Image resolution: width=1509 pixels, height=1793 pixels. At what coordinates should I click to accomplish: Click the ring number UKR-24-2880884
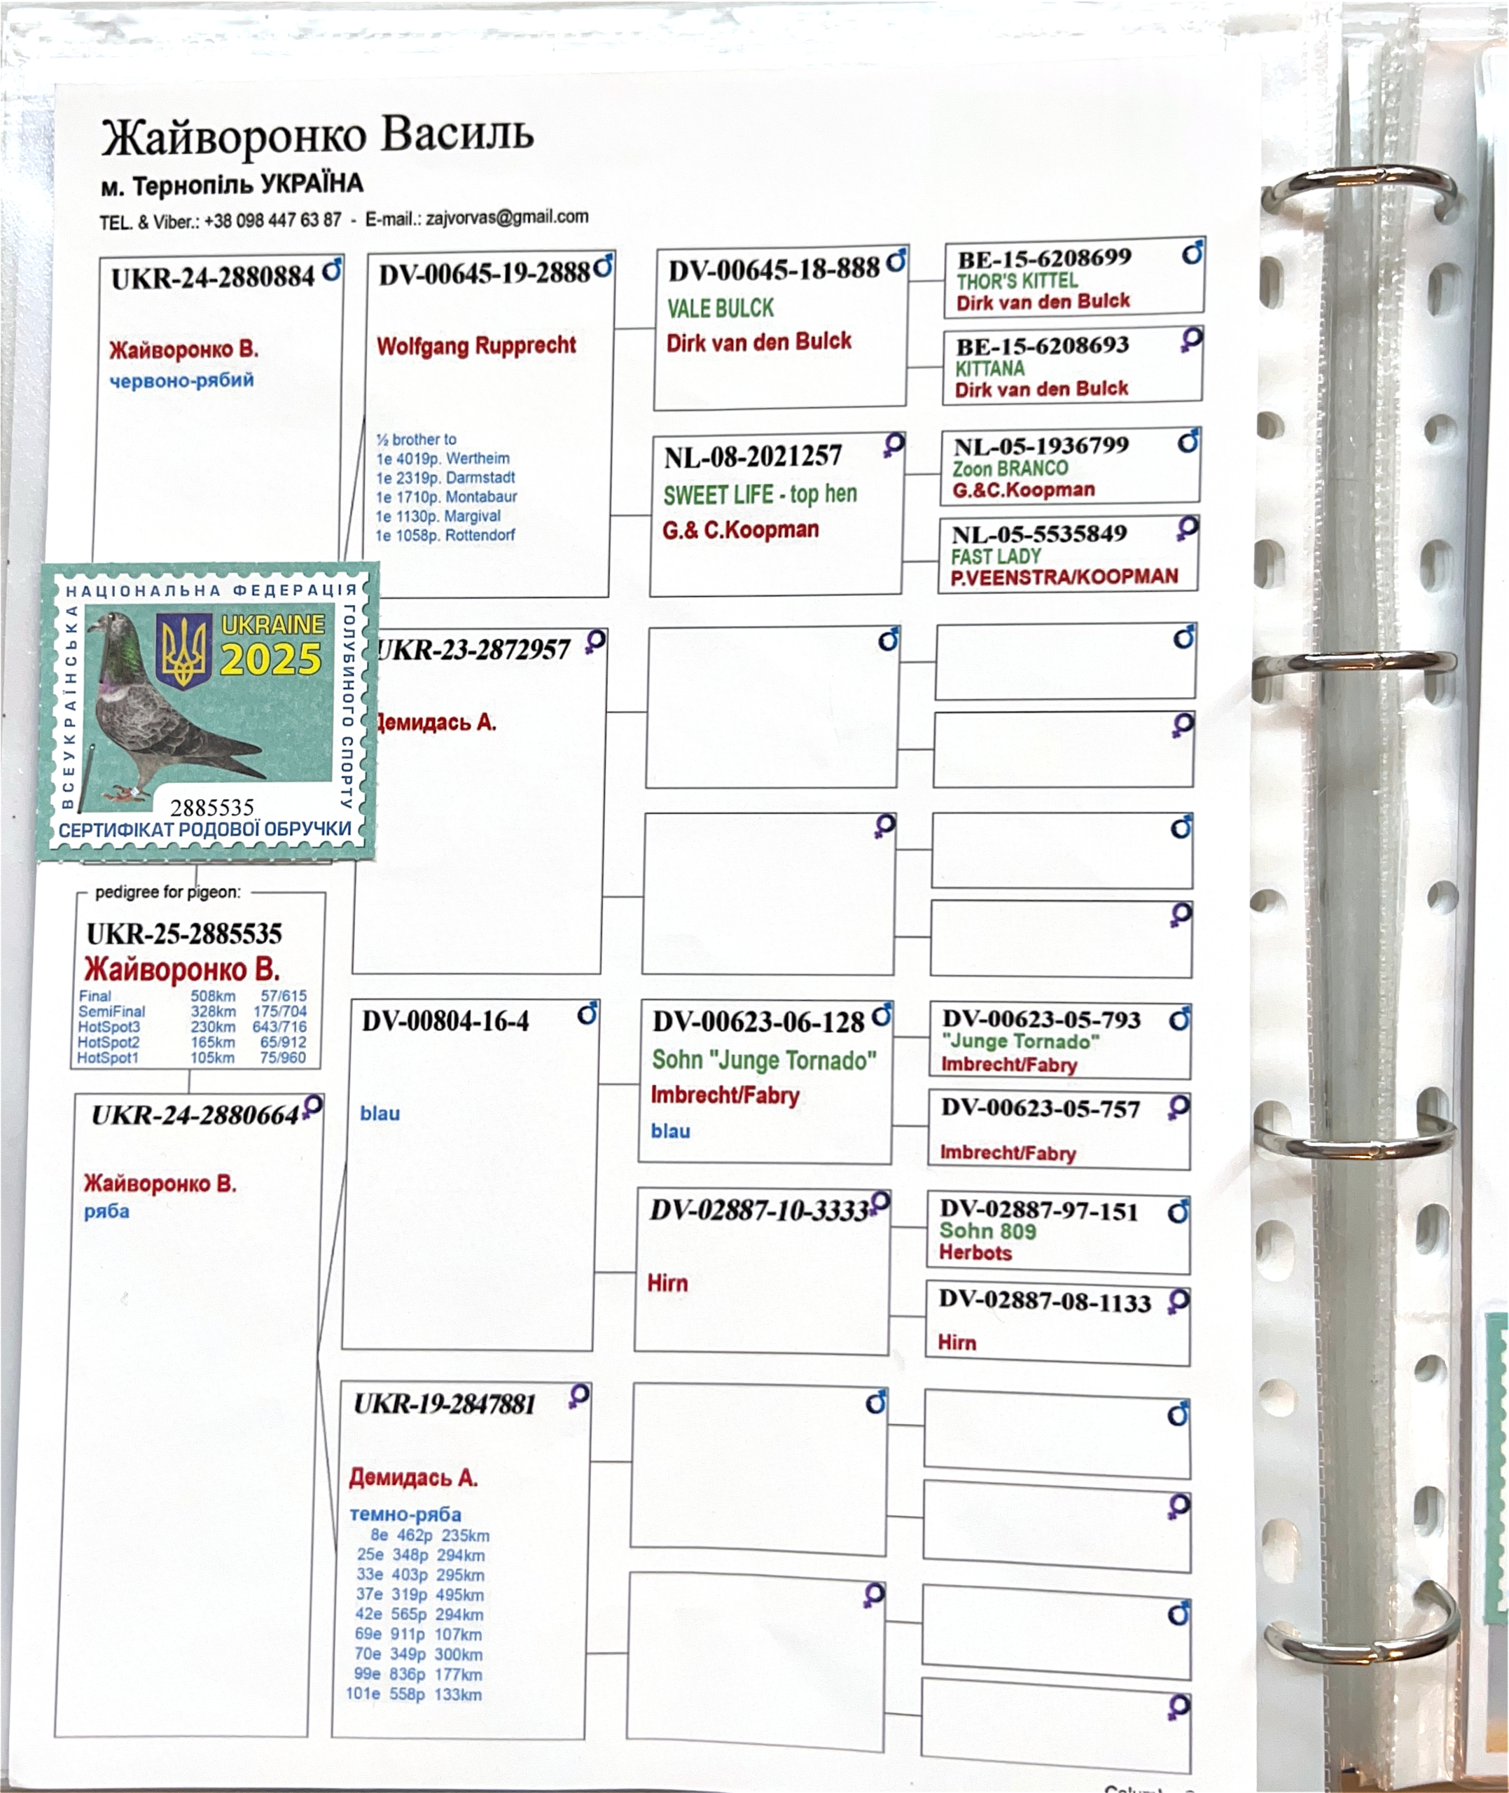pyautogui.click(x=213, y=277)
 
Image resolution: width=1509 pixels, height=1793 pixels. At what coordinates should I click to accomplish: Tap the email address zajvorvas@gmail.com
pyautogui.click(x=506, y=217)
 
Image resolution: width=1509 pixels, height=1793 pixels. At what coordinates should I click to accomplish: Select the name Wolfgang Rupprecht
pyautogui.click(x=476, y=345)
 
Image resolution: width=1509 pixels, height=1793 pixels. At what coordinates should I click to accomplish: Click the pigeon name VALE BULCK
pyautogui.click(x=721, y=308)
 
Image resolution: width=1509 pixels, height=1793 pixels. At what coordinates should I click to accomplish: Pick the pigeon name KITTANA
pyautogui.click(x=989, y=368)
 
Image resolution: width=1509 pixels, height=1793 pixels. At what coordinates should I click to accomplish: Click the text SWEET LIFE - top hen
pyautogui.click(x=760, y=494)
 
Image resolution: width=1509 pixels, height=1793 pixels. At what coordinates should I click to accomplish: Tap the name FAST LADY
pyautogui.click(x=995, y=556)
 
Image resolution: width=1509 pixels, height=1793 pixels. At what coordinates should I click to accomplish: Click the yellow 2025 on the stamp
pyautogui.click(x=270, y=658)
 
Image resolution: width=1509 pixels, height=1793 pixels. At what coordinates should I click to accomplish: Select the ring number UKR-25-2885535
pyautogui.click(x=184, y=934)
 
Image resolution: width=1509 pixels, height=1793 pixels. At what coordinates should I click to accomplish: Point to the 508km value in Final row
pyautogui.click(x=213, y=996)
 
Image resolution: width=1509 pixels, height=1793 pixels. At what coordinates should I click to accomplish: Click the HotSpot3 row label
pyautogui.click(x=109, y=1027)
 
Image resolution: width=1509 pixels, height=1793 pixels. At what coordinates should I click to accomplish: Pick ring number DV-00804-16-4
pyautogui.click(x=445, y=1021)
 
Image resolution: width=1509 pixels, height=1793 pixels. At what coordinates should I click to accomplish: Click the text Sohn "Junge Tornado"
pyautogui.click(x=764, y=1061)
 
